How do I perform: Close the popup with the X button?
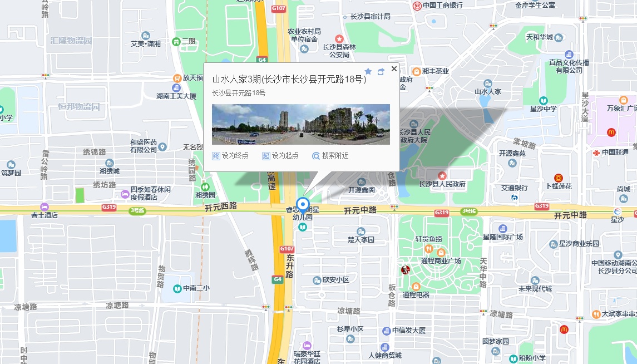(x=394, y=69)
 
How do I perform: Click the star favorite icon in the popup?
(x=368, y=71)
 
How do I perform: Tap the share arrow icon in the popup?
(x=381, y=71)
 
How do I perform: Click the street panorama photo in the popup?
(x=300, y=124)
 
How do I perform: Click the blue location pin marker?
(x=303, y=204)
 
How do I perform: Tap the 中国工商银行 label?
(x=442, y=6)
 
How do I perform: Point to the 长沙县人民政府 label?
(x=442, y=184)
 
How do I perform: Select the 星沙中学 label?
(x=543, y=109)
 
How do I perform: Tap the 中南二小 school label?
(x=196, y=289)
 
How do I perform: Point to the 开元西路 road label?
(x=220, y=206)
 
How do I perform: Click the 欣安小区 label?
(x=335, y=280)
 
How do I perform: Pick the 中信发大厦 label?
(x=408, y=331)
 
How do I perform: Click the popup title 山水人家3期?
(x=289, y=80)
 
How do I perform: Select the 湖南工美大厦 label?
(x=176, y=96)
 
